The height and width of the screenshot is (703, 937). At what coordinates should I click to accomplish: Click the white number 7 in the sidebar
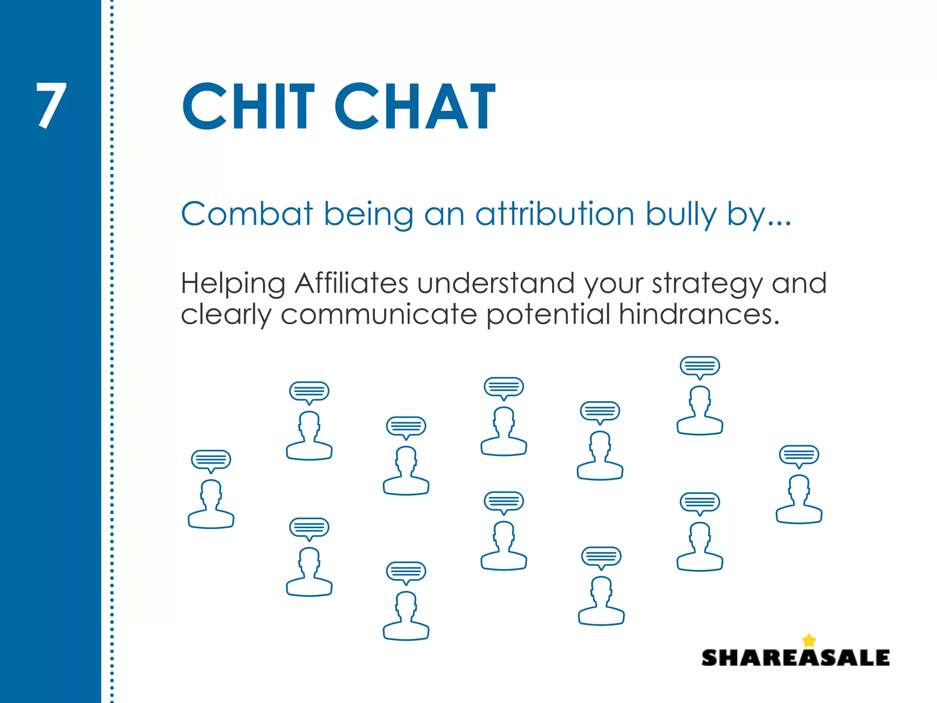(x=51, y=106)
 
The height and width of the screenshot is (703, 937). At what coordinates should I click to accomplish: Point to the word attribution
(x=555, y=214)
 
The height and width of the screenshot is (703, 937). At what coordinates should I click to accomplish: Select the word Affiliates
(x=351, y=283)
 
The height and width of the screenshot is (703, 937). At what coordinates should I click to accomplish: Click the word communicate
(x=379, y=314)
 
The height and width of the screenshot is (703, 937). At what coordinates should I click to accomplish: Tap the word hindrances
(x=699, y=314)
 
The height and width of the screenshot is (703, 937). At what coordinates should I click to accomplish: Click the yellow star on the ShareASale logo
(x=809, y=640)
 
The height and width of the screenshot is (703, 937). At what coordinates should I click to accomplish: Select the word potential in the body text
(x=548, y=315)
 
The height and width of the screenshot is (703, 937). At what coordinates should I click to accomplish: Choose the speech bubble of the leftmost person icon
(x=211, y=460)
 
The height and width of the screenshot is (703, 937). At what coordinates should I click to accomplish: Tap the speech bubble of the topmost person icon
(x=700, y=366)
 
